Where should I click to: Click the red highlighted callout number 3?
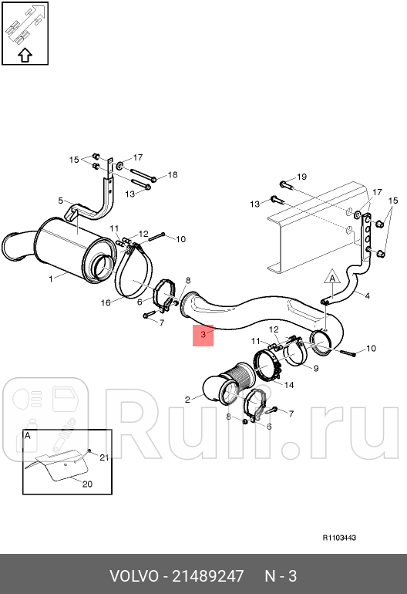[x=203, y=335]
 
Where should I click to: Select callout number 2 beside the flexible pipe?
[x=187, y=399]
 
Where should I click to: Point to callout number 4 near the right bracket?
[x=367, y=295]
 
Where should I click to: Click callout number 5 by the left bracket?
[x=61, y=201]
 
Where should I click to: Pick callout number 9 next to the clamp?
[x=314, y=368]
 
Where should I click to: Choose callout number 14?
[x=289, y=384]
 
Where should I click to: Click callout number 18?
[x=173, y=175]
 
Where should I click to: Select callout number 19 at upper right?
[x=302, y=177]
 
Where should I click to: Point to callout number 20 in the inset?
[x=86, y=484]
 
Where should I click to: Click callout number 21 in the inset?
[x=105, y=457]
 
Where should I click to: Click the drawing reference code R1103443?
[x=339, y=538]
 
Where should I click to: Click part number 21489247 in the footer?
[x=207, y=576]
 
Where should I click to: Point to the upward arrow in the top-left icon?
[x=24, y=55]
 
